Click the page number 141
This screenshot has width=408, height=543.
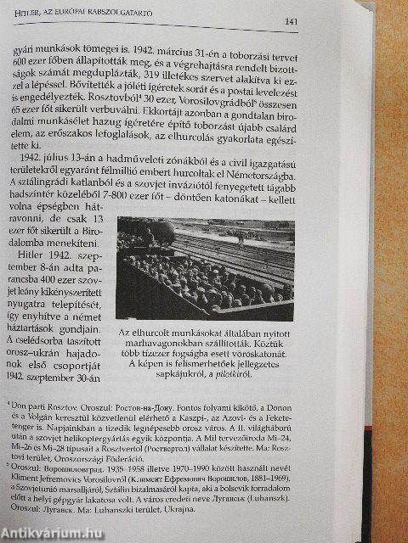[290, 21]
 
